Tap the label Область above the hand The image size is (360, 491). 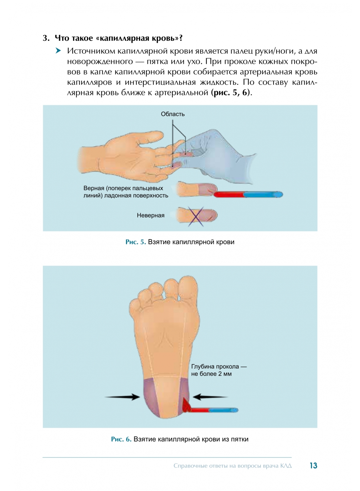coord(173,114)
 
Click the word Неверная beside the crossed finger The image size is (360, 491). coord(151,215)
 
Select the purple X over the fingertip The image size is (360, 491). coord(196,217)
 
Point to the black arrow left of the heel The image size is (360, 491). coord(122,397)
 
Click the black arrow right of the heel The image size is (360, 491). coord(210,397)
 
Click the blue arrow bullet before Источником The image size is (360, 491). coord(58,51)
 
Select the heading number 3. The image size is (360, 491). coord(46,38)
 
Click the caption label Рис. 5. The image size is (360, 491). coord(135,242)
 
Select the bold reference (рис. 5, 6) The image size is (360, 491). coord(230,93)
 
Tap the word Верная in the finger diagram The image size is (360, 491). coord(94,188)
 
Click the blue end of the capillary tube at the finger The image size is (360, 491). coord(263,194)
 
